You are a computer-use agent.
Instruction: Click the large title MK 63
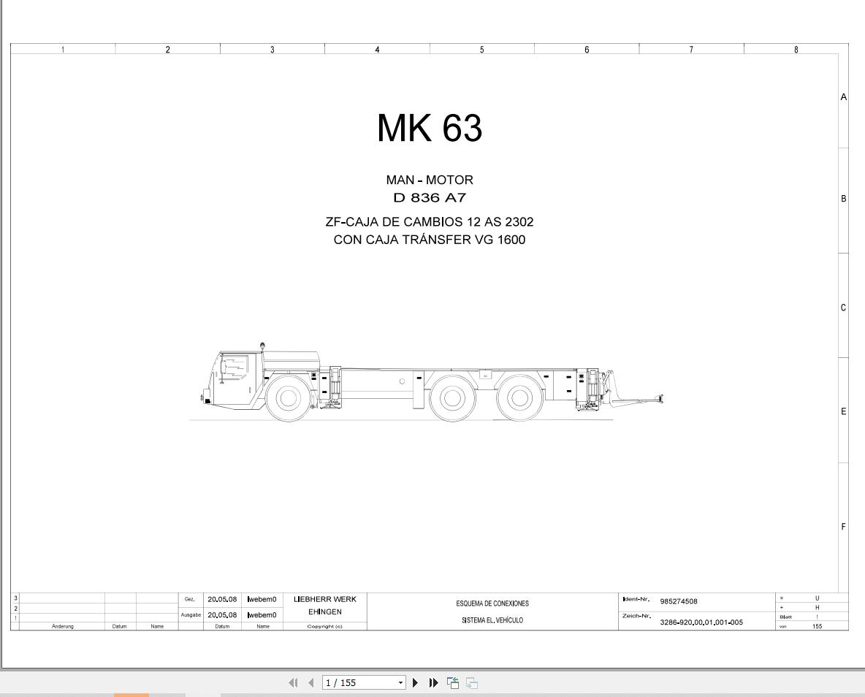(x=430, y=129)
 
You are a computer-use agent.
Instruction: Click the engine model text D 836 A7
(x=430, y=198)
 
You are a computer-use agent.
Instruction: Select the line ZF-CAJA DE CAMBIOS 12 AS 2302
(x=430, y=222)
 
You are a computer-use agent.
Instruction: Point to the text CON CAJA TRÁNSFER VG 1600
(x=430, y=240)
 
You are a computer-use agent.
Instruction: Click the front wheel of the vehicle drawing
(x=288, y=398)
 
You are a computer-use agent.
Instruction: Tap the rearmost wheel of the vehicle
(x=519, y=398)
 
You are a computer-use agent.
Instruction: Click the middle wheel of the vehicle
(x=451, y=398)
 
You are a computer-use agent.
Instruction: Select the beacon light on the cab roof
(x=262, y=345)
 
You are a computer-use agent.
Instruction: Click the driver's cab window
(x=233, y=367)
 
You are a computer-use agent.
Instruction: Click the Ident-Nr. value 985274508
(x=678, y=602)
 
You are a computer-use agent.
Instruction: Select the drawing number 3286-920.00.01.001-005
(x=701, y=622)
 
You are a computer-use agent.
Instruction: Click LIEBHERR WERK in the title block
(x=325, y=599)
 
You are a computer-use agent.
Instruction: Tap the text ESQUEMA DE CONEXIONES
(x=492, y=603)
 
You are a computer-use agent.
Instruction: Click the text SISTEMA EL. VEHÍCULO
(x=492, y=620)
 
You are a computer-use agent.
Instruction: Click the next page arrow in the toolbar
(x=416, y=682)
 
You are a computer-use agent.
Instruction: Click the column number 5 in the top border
(x=481, y=50)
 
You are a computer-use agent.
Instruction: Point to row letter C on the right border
(x=843, y=308)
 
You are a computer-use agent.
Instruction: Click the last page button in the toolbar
(x=434, y=682)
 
